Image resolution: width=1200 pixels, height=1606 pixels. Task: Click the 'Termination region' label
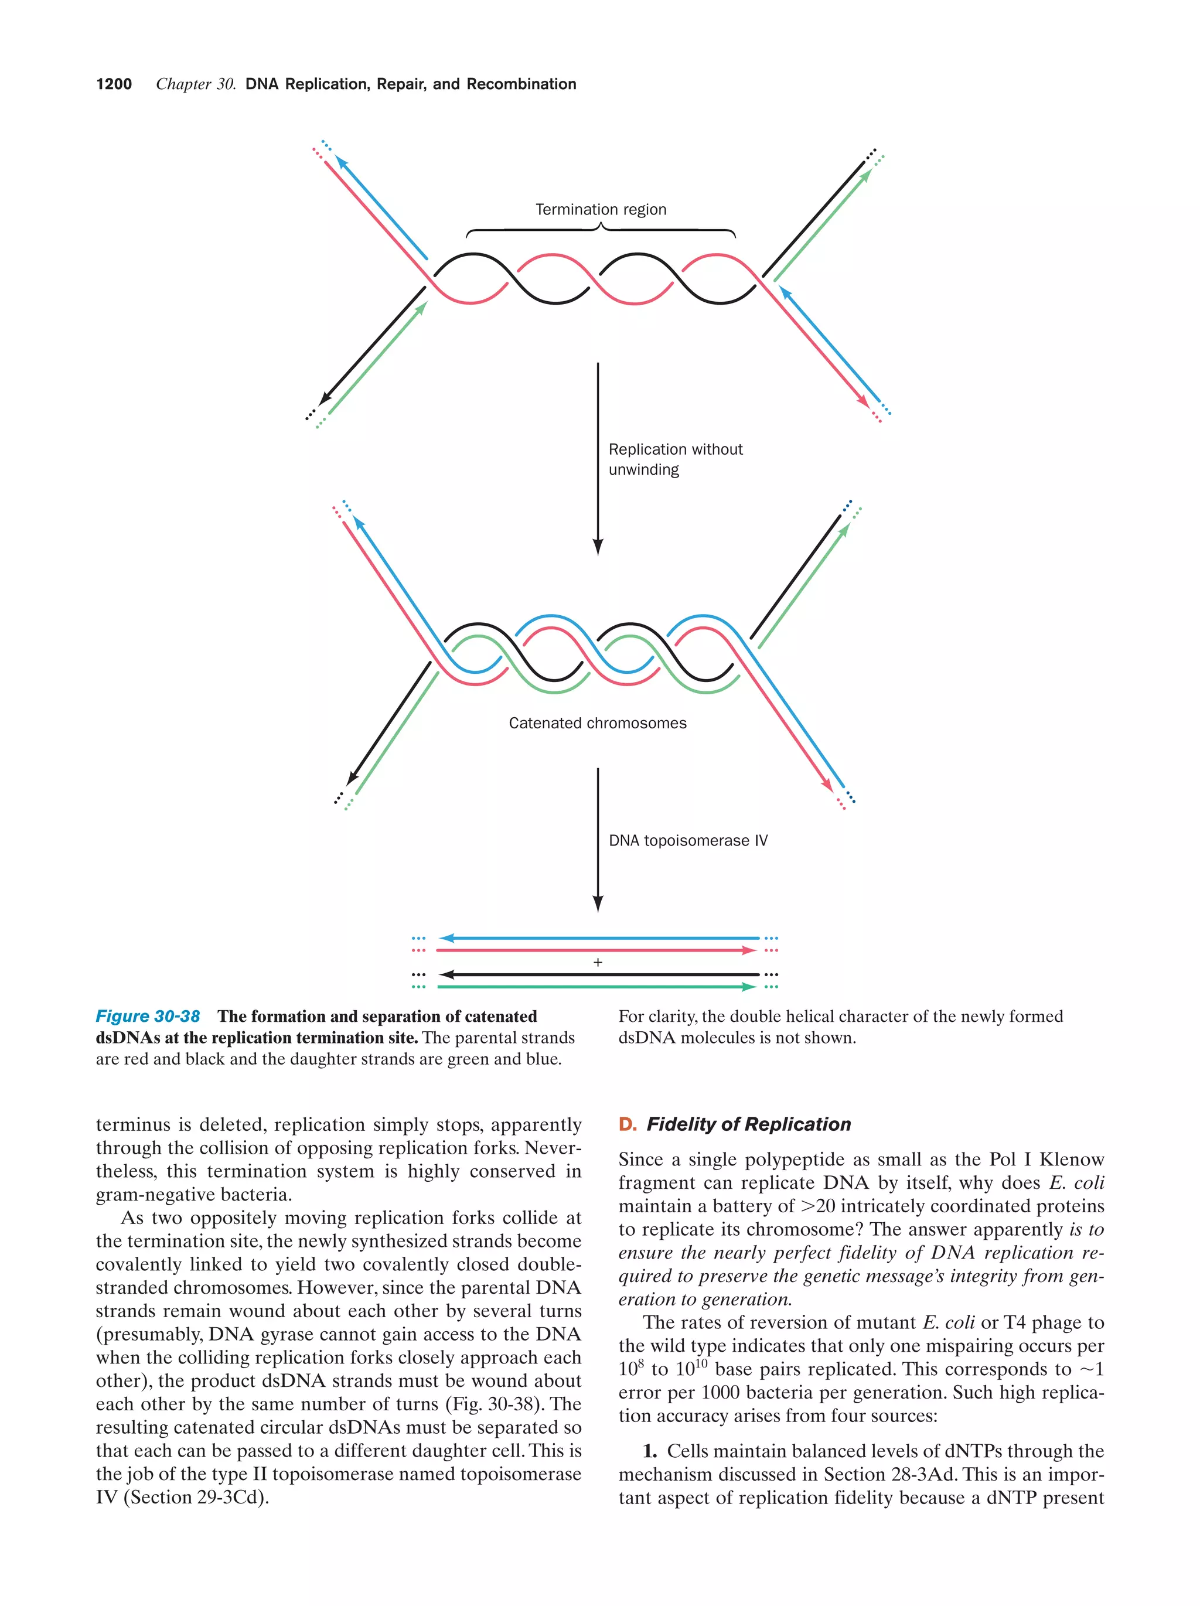[601, 210]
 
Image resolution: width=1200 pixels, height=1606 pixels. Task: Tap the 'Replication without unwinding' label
[674, 459]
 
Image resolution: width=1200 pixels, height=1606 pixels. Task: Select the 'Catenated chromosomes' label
[596, 723]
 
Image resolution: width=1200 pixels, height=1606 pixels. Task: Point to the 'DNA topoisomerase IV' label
[687, 840]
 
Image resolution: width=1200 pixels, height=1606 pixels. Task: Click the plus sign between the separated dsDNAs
[598, 963]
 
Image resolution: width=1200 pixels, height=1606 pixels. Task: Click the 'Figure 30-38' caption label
[148, 1017]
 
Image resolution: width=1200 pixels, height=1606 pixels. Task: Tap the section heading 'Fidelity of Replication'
[748, 1124]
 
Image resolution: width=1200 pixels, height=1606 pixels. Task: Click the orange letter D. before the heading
[626, 1124]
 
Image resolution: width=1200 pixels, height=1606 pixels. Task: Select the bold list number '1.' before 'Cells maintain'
[650, 1451]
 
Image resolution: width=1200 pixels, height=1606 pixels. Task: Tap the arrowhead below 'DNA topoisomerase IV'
[598, 903]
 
